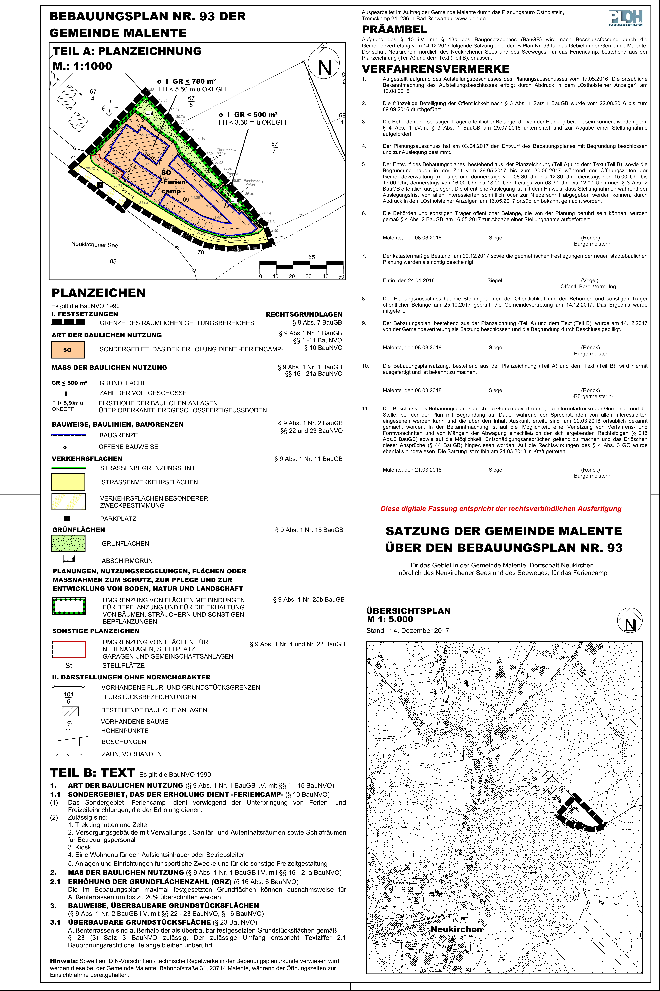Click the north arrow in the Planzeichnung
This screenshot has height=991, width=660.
click(x=324, y=63)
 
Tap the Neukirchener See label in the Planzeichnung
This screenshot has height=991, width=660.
click(x=95, y=245)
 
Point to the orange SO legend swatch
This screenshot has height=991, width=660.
click(x=68, y=349)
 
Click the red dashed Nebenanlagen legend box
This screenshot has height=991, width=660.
click(x=69, y=649)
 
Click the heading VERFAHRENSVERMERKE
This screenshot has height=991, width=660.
click(x=435, y=69)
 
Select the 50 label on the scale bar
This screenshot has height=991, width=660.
click(x=341, y=277)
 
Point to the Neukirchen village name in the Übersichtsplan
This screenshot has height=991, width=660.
click(x=456, y=929)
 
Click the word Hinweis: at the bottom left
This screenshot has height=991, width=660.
click(x=64, y=961)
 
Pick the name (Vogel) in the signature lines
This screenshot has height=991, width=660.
click(x=589, y=280)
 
